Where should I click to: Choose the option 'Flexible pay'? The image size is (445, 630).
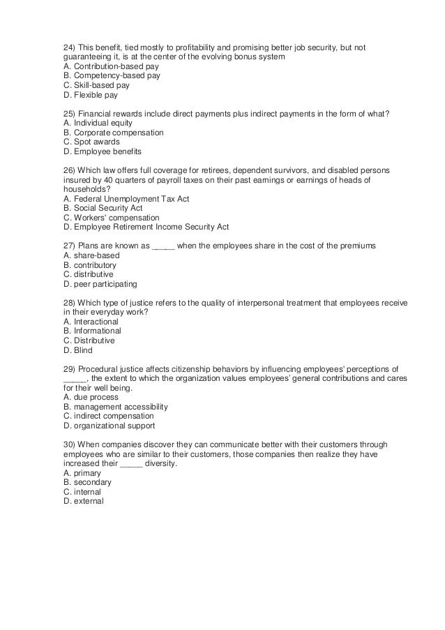pyautogui.click(x=91, y=95)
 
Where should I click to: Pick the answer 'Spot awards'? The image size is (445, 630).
pyautogui.click(x=91, y=142)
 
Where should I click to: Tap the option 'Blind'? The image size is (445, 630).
pyautogui.click(x=77, y=350)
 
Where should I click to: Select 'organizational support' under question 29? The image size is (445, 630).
pyautogui.click(x=109, y=426)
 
